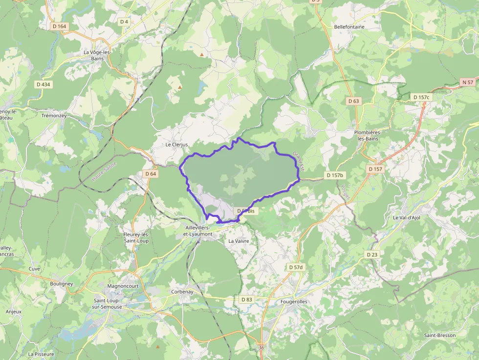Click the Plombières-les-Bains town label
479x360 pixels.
[x=368, y=135]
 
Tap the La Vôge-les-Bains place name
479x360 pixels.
[x=97, y=55]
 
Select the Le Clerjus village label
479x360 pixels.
[x=176, y=145]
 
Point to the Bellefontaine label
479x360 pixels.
[x=349, y=27]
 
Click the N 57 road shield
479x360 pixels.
[x=468, y=82]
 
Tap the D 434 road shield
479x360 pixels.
[x=43, y=85]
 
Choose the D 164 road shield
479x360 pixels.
[x=59, y=26]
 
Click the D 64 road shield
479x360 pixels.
[x=151, y=174]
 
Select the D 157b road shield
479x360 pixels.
[x=335, y=175]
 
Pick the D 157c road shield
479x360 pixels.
[x=421, y=97]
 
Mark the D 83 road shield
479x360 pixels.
[x=247, y=299]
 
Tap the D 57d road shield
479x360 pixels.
[x=296, y=267]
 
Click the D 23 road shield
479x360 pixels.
[x=372, y=254]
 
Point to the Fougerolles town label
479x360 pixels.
[x=294, y=302]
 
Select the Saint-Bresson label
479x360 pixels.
[x=440, y=335]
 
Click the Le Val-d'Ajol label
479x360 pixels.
[x=406, y=218]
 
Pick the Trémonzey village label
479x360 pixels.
[x=54, y=116]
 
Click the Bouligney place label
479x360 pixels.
[x=61, y=284]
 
